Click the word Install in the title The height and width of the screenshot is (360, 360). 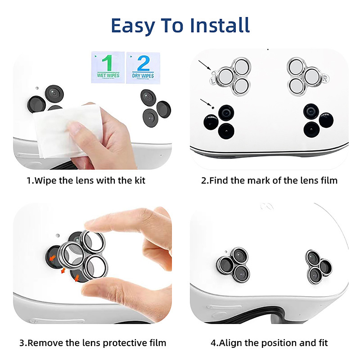220,25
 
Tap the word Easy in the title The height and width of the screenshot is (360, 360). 133,27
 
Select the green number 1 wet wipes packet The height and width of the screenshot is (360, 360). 108,67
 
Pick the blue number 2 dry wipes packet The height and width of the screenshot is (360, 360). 143,68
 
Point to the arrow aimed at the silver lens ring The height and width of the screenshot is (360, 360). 205,65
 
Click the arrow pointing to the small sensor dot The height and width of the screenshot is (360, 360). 206,103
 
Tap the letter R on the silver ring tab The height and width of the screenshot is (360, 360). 325,79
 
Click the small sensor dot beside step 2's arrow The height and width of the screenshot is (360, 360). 213,108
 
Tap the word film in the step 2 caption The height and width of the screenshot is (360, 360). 329,180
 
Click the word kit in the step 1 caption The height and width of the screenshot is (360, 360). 140,180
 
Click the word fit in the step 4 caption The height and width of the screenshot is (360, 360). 323,343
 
